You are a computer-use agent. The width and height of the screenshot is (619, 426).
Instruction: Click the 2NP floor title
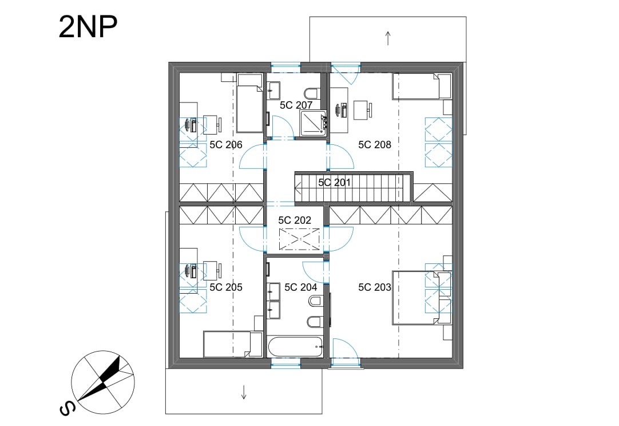pos(88,27)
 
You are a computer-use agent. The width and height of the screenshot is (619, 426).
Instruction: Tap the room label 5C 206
pos(226,145)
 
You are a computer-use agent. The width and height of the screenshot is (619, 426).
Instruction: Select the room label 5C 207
pos(296,105)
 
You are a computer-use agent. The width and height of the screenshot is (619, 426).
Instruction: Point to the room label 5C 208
pos(375,145)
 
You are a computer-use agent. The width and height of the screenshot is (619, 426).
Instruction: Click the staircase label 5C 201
pos(334,183)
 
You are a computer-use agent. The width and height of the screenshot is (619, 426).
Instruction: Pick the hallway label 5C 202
pos(295,220)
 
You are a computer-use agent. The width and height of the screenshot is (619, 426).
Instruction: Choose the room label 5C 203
pos(375,287)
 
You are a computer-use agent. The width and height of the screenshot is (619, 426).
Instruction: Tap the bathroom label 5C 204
pos(301,287)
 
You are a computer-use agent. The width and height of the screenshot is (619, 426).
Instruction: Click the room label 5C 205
pos(226,287)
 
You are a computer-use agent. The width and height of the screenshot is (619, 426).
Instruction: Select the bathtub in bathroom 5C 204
pos(296,346)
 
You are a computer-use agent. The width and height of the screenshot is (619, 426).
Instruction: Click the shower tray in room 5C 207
pos(313,123)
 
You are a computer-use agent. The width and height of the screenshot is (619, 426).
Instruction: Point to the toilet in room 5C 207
pos(312,94)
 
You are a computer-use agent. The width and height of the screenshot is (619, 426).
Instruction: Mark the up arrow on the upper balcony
pos(388,38)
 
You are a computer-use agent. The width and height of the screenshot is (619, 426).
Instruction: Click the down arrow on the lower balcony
pos(244,392)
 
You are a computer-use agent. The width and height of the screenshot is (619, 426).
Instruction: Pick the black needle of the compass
pos(100,379)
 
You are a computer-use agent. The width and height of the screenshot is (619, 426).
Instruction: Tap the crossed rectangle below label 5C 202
pos(300,239)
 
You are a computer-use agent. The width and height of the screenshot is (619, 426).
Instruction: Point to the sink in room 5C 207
pos(274,90)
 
